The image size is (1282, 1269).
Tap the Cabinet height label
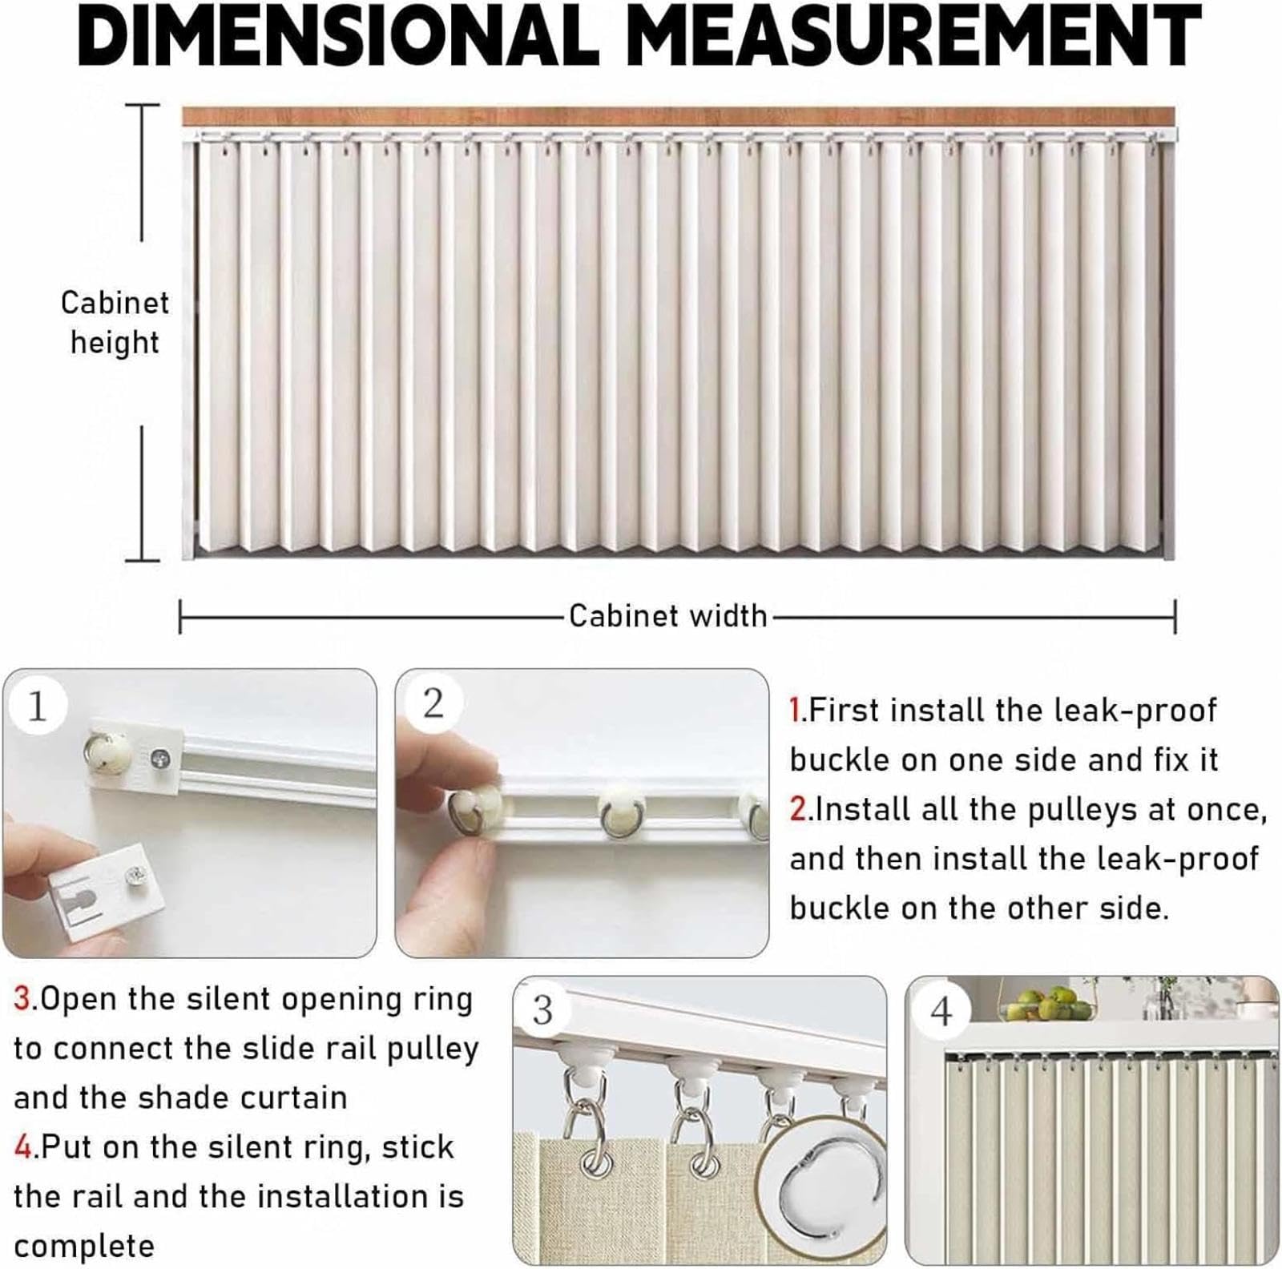point(115,322)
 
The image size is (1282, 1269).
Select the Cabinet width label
point(668,616)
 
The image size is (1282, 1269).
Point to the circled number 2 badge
point(433,703)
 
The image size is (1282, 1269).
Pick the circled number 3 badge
point(542,1010)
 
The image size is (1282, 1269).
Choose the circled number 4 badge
point(941,1012)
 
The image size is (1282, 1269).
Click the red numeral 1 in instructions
point(796,711)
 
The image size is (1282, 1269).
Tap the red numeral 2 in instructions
point(798,810)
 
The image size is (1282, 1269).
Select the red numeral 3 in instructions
point(22,999)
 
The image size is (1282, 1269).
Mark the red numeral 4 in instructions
point(23,1147)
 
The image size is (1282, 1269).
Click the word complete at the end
point(84,1246)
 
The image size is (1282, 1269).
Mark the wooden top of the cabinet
point(678,116)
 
